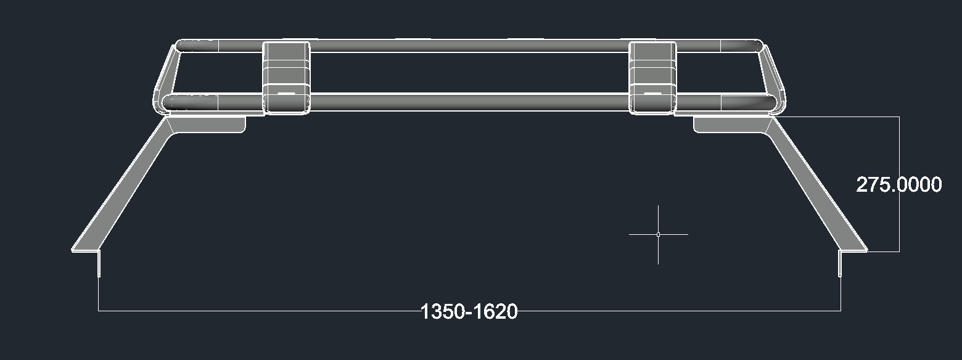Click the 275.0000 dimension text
click(x=898, y=184)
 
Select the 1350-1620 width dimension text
click(x=469, y=311)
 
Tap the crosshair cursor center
click(x=658, y=234)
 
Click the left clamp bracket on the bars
click(x=286, y=77)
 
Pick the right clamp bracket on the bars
click(x=652, y=77)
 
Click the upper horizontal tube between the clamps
click(x=469, y=46)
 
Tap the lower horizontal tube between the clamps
click(x=469, y=102)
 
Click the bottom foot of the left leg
click(x=86, y=249)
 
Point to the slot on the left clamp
click(x=286, y=94)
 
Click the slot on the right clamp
click(x=652, y=94)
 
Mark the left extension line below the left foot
click(x=99, y=290)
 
